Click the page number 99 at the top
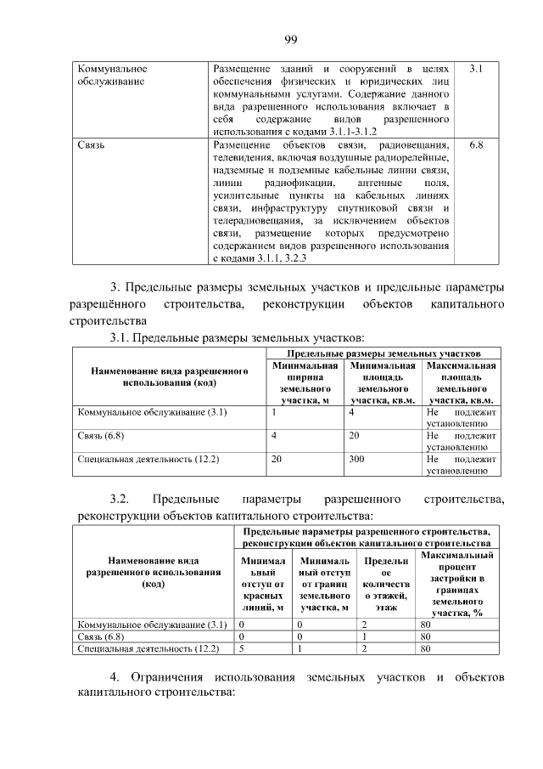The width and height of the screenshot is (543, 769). [288, 39]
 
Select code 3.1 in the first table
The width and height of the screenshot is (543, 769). [475, 68]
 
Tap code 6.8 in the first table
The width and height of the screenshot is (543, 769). [475, 145]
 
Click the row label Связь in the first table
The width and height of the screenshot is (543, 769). [91, 145]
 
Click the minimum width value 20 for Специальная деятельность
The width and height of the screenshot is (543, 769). [276, 458]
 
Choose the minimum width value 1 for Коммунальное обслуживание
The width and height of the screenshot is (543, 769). [274, 412]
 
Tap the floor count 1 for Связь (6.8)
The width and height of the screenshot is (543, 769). [363, 636]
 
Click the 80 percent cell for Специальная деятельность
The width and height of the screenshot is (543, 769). [425, 648]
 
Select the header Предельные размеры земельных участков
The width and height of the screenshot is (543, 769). [383, 352]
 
